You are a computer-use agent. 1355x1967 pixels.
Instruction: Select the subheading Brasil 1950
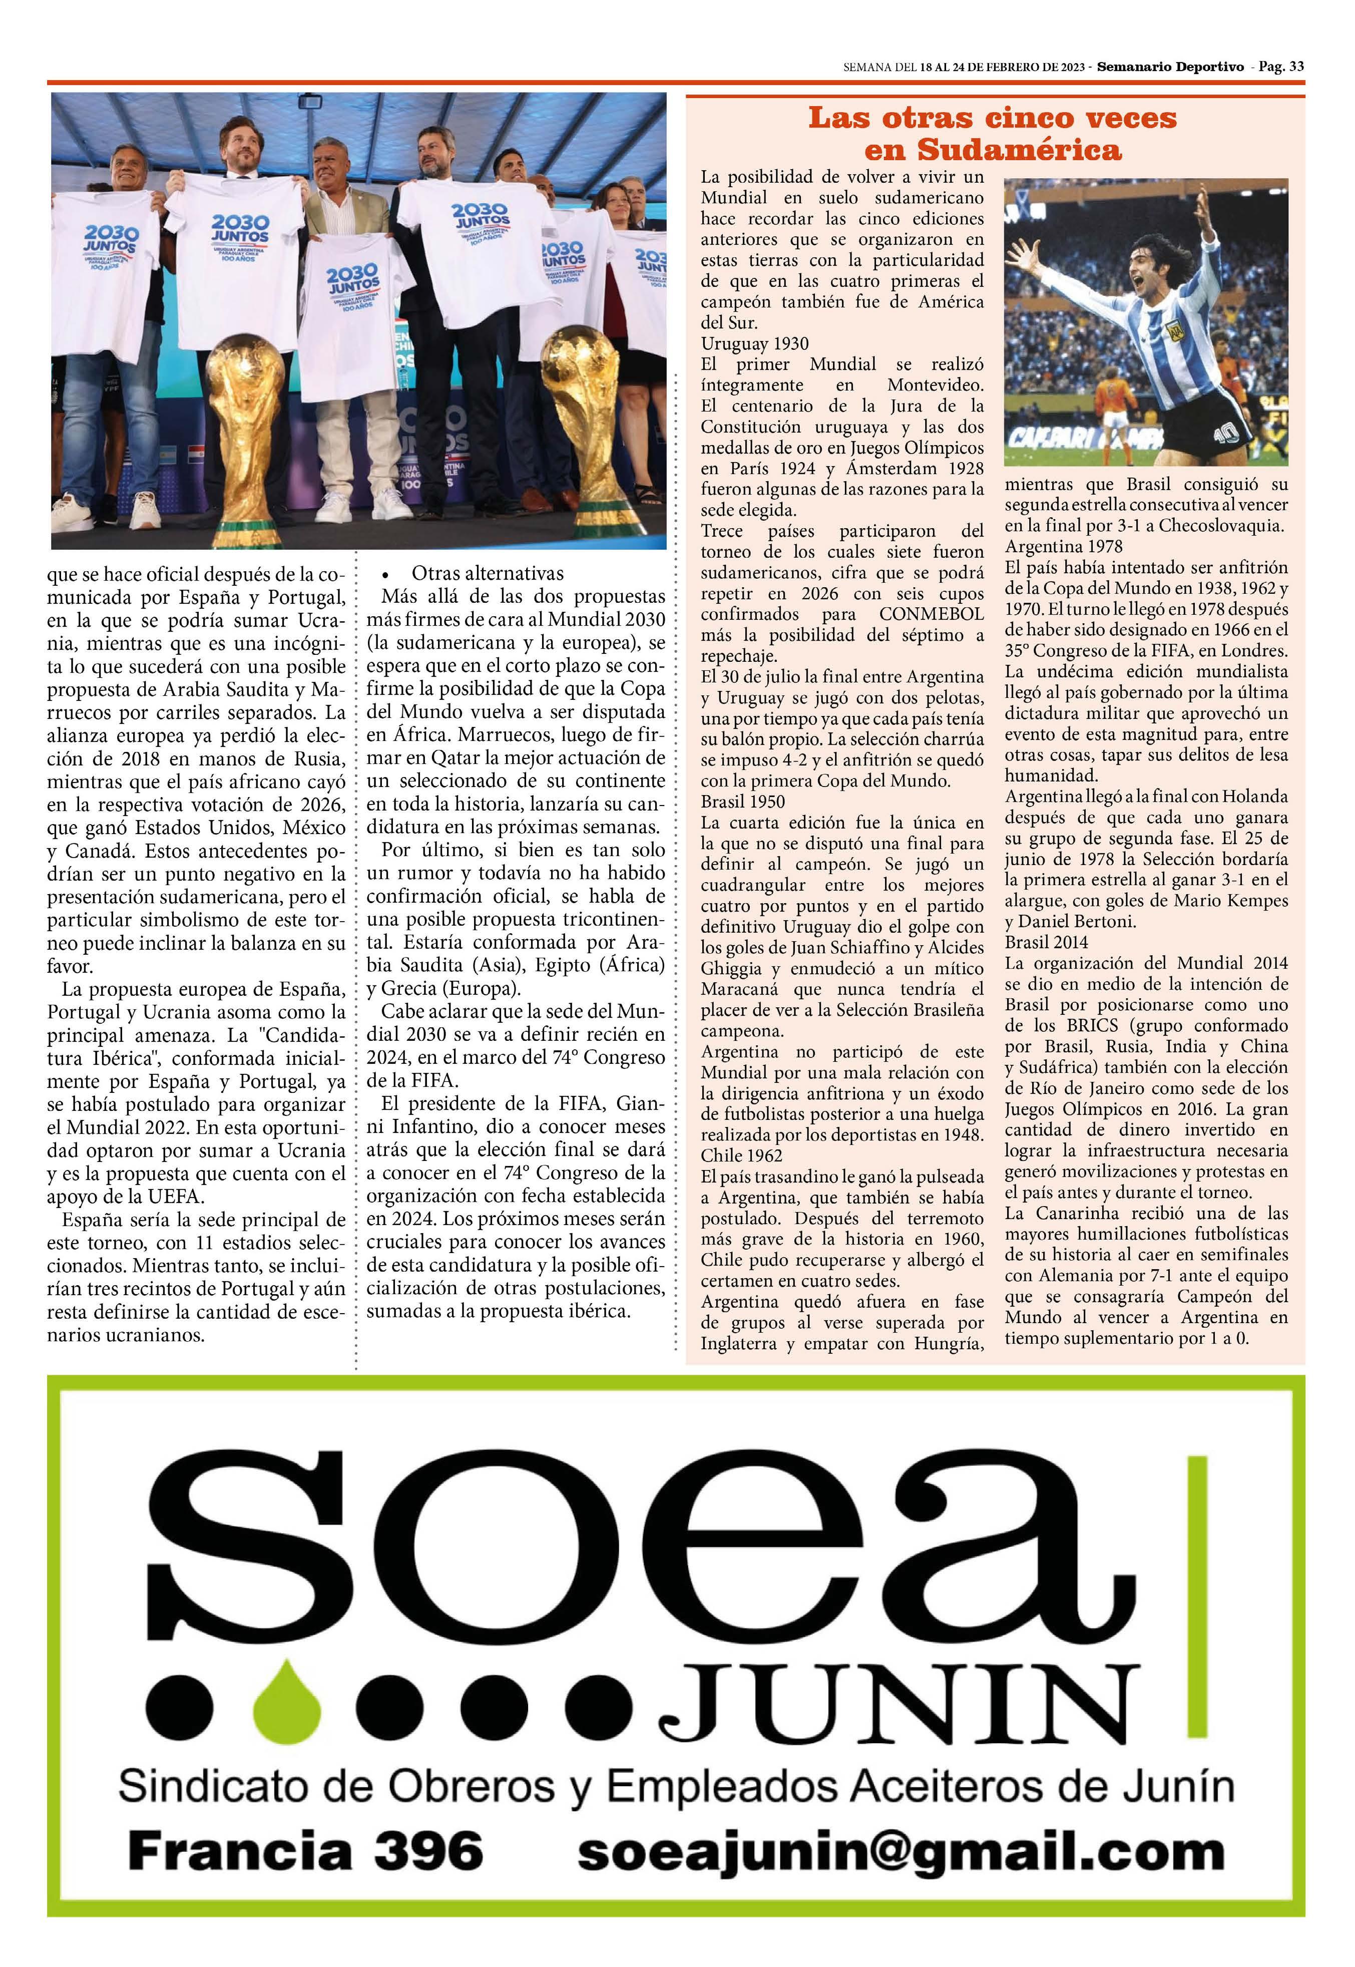click(x=743, y=802)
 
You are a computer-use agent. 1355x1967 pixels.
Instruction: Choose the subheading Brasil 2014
click(x=1046, y=942)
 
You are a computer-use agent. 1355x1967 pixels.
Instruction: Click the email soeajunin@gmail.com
click(x=900, y=1852)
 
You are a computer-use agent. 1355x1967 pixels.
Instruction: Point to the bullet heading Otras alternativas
click(x=488, y=574)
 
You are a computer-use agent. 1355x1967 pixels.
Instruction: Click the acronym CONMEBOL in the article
click(x=932, y=614)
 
